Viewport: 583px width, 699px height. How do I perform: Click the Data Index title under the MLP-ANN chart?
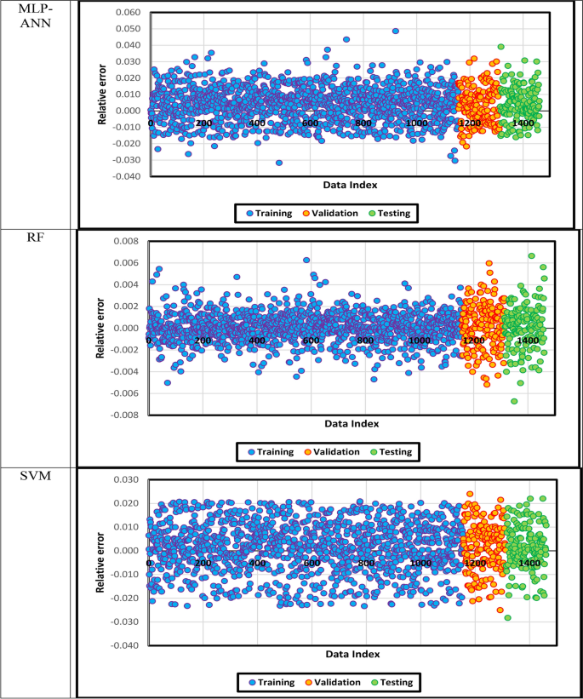(352, 185)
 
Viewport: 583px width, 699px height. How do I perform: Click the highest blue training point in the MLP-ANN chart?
(396, 32)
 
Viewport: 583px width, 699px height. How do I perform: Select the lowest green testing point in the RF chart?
(514, 401)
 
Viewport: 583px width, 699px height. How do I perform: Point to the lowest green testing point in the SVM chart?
(507, 617)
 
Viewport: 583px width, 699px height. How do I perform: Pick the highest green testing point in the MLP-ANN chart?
(501, 47)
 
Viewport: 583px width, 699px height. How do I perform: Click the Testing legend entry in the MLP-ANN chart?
(394, 214)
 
